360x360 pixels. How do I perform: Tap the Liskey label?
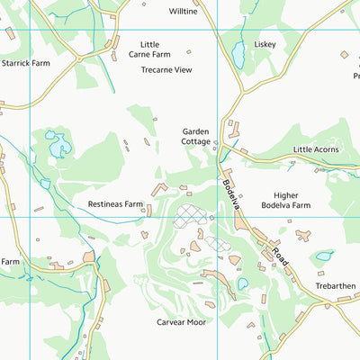(x=265, y=43)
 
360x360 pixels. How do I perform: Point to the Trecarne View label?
(x=166, y=69)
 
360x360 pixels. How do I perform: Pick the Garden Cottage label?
(x=195, y=136)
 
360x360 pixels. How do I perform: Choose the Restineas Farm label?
(x=115, y=204)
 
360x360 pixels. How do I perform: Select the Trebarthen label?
(x=334, y=285)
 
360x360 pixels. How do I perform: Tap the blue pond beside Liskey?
(x=238, y=56)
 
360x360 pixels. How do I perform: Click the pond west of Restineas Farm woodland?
(x=57, y=144)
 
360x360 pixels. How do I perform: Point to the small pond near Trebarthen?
(x=323, y=256)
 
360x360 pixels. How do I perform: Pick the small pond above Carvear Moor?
(x=243, y=284)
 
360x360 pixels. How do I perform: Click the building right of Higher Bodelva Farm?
(x=303, y=235)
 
